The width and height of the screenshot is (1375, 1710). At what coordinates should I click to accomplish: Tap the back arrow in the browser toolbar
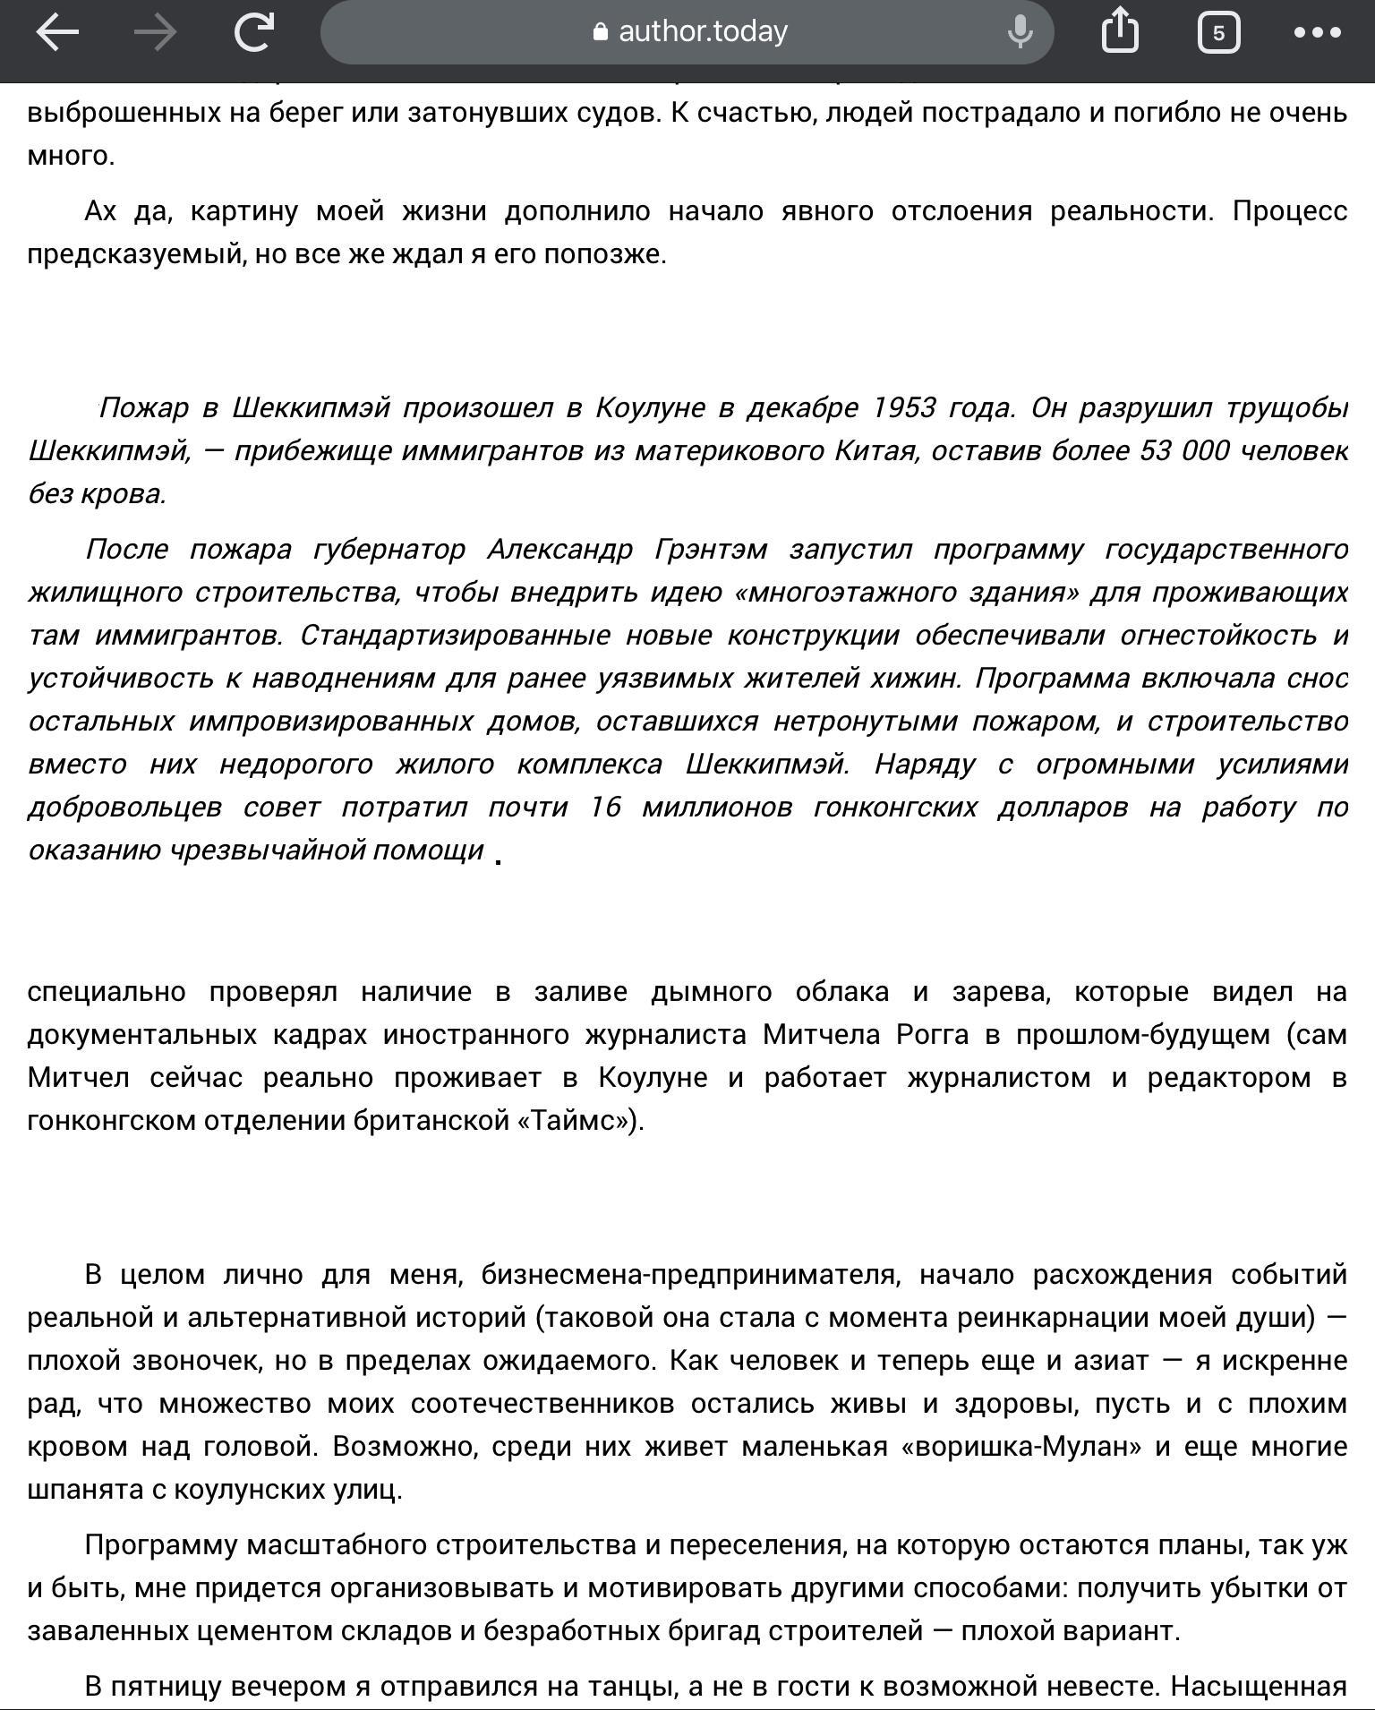(57, 33)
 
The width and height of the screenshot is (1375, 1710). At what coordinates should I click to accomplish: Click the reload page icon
(253, 33)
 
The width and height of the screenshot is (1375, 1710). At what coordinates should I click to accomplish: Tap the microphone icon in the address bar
(1020, 33)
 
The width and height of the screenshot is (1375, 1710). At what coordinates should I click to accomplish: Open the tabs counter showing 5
(1217, 33)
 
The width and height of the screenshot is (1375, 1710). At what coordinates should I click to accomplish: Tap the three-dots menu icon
(1317, 33)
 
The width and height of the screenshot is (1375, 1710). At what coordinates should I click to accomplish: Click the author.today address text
(703, 32)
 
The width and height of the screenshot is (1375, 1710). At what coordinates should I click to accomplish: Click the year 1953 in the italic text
(903, 408)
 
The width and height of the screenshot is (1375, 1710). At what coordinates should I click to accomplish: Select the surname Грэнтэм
(711, 549)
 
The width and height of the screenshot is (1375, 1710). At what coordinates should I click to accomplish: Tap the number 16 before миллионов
(605, 808)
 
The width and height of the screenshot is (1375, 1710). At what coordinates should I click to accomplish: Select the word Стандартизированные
(455, 636)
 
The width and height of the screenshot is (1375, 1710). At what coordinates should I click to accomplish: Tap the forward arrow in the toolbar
(155, 33)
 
